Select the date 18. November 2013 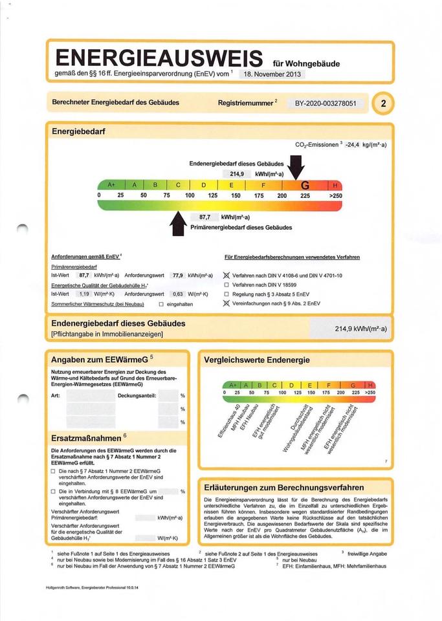271,74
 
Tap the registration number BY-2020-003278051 325,103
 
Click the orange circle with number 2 384,103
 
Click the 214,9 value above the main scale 238,174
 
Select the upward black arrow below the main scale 177,223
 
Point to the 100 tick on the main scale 190,195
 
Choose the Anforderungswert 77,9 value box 177,276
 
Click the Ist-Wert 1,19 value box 83,294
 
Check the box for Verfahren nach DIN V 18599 227,285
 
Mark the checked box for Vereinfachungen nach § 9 227,303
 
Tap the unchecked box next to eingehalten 161,303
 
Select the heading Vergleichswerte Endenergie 256,360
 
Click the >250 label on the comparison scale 370,393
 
